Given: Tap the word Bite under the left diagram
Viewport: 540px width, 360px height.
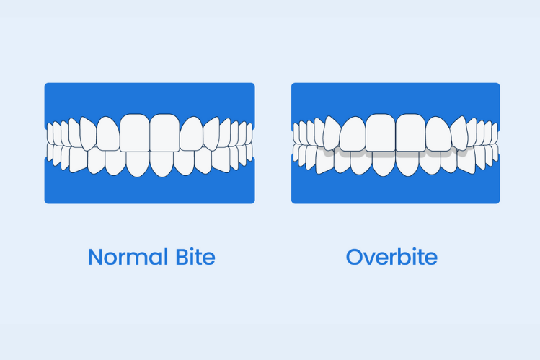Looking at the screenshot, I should [x=192, y=257].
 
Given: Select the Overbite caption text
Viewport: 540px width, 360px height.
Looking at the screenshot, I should [x=391, y=257].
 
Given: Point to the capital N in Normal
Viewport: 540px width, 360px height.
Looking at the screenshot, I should [x=95, y=257].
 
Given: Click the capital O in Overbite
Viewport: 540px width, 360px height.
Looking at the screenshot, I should [x=354, y=257].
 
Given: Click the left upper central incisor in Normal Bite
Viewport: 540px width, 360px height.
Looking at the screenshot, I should [x=135, y=131].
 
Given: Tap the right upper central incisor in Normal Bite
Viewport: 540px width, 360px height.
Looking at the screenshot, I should [x=164, y=131].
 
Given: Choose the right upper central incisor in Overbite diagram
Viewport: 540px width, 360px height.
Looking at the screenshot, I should [x=410, y=131].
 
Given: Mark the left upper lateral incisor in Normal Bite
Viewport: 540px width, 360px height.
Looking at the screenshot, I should [x=107, y=133].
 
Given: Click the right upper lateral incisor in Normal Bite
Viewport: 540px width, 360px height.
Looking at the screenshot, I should [x=191, y=133].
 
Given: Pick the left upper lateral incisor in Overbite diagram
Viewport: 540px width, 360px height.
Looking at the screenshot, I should [x=353, y=133].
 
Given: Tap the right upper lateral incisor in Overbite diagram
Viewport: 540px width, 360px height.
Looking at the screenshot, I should [x=438, y=133].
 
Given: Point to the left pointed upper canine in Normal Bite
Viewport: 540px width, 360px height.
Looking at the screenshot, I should [x=87, y=134].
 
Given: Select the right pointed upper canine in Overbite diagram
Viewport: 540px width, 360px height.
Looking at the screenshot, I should [x=460, y=134].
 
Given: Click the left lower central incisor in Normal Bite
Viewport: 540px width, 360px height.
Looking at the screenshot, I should [x=138, y=164].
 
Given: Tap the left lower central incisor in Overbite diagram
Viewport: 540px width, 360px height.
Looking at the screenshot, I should [x=384, y=164].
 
